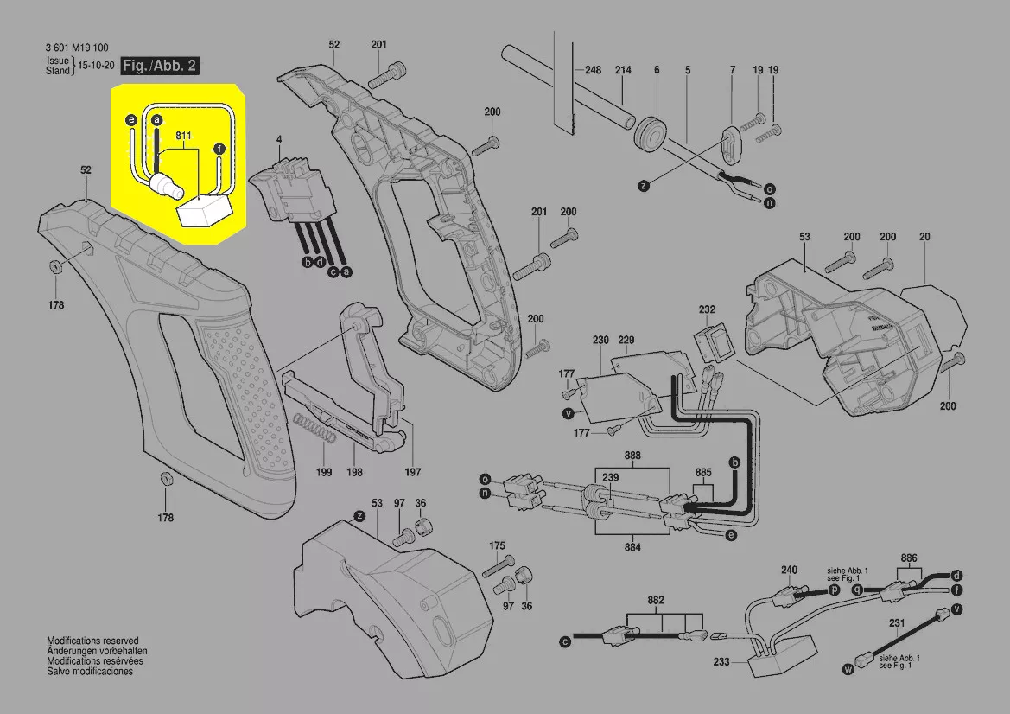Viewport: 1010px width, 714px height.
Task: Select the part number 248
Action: coord(593,70)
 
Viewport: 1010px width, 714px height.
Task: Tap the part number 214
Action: coord(623,70)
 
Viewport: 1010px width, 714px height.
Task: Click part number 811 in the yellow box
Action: coord(183,137)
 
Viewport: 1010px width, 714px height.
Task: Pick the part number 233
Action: coord(722,662)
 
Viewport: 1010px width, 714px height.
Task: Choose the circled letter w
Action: coord(848,668)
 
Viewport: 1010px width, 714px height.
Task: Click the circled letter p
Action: coord(834,589)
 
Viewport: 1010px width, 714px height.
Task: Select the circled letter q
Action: coord(857,589)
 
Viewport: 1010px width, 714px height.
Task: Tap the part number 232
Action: coord(707,309)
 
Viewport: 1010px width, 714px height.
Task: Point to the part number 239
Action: coord(610,477)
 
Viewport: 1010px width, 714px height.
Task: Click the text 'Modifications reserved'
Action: coord(92,641)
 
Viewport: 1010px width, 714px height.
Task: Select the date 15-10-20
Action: coord(97,66)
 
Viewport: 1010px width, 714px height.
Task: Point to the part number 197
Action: coord(413,472)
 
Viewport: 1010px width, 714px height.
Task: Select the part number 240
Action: coord(789,570)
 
